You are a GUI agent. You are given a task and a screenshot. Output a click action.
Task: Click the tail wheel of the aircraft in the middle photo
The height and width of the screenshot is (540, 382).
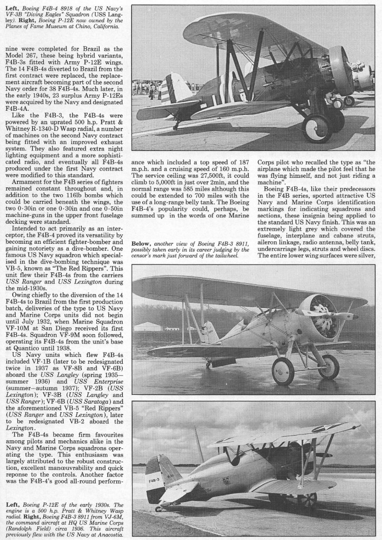point(208,364)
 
